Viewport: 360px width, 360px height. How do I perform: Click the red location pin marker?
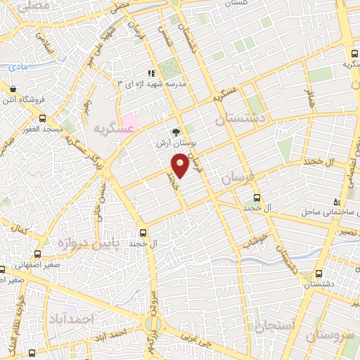pos(181,165)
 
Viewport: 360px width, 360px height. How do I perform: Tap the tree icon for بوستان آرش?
pos(176,131)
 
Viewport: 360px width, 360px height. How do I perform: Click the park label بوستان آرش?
pos(176,142)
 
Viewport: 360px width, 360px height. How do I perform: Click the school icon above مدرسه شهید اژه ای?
pos(150,73)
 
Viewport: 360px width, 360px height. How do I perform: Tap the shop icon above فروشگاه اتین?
pos(13,88)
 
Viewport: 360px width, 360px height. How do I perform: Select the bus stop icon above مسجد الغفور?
pos(43,118)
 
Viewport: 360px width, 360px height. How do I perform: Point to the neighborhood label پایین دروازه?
pos(61,244)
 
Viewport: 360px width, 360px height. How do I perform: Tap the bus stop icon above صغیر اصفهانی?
pos(37,255)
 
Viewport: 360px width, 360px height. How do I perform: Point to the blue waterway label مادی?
pos(18,67)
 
